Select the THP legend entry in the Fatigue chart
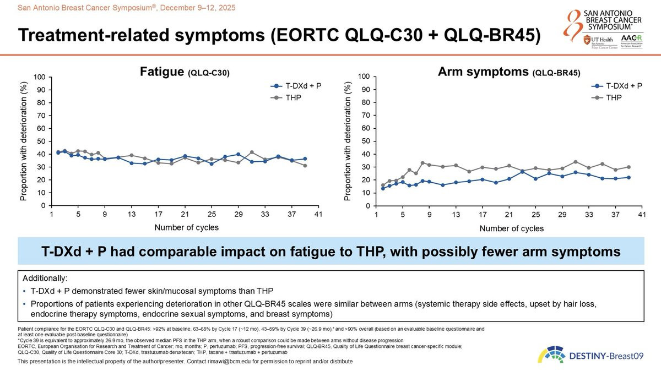pyautogui.click(x=293, y=97)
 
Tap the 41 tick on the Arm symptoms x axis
pyautogui.click(x=642, y=215)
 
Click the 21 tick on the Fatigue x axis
pyautogui.click(x=185, y=215)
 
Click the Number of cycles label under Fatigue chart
pyautogui.click(x=186, y=227)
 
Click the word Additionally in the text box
pyautogui.click(x=42, y=278)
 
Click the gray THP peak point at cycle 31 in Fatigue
pyautogui.click(x=252, y=152)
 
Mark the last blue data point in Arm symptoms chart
pyautogui.click(x=628, y=177)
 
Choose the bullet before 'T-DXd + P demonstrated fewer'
pyautogui.click(x=25, y=291)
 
